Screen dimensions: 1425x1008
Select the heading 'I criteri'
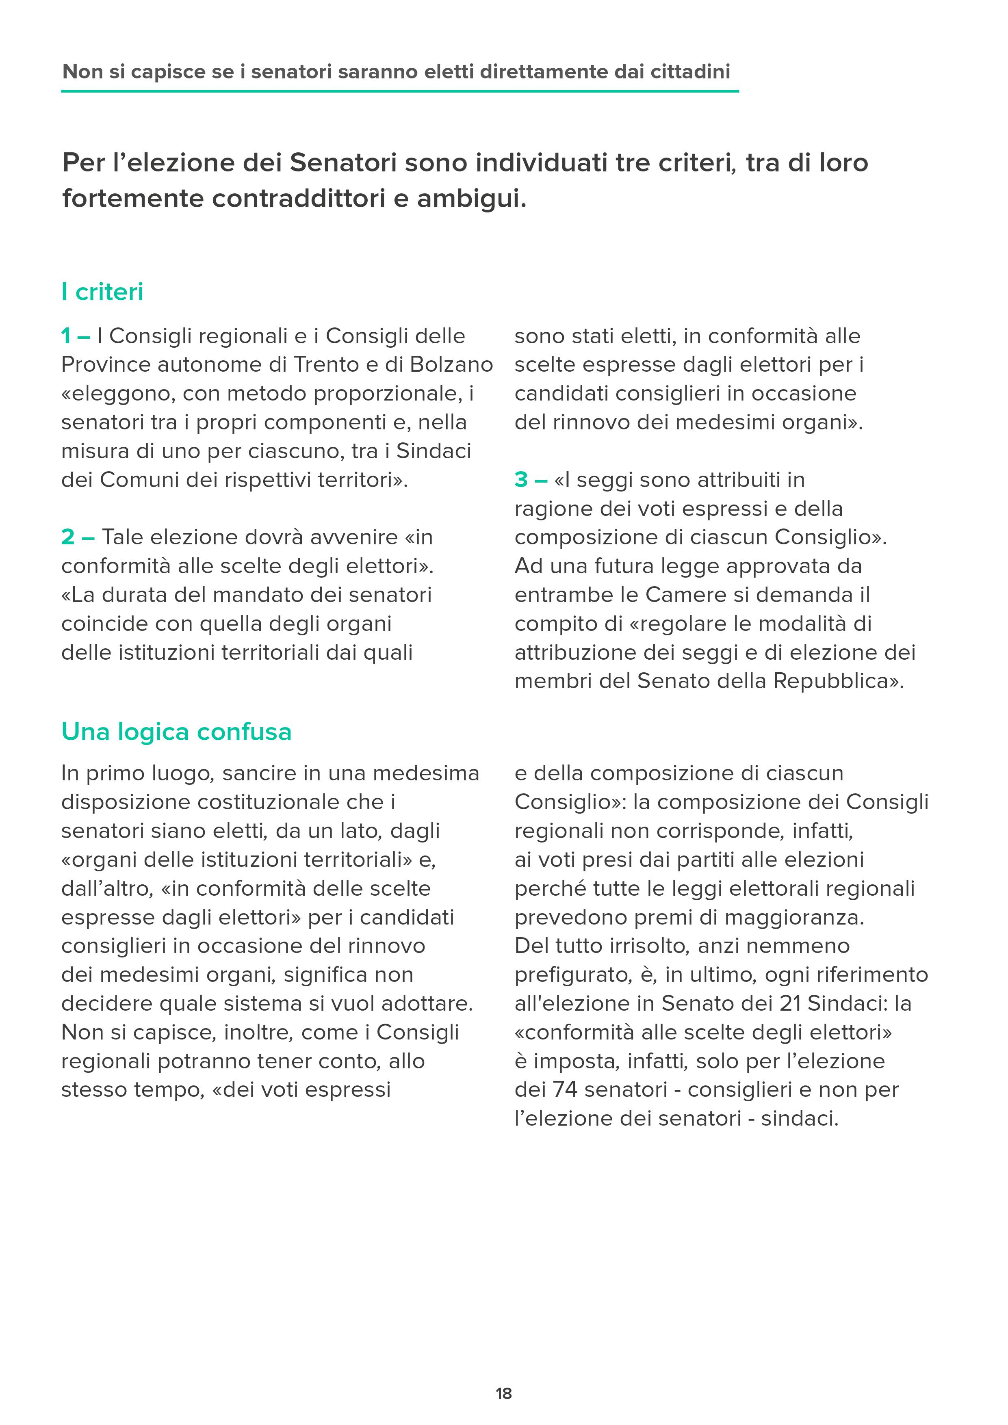click(102, 292)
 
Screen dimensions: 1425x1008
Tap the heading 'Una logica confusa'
click(176, 732)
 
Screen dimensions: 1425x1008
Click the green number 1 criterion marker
click(66, 336)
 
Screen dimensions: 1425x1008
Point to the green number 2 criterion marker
click(68, 537)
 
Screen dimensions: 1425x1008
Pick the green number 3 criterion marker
click(521, 480)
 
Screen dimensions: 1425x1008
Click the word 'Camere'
click(686, 595)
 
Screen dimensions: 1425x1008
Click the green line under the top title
click(400, 91)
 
